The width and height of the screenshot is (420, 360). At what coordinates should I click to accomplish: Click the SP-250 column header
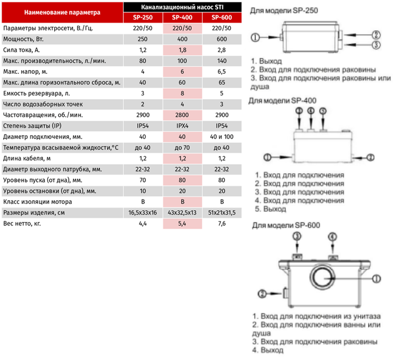(143, 18)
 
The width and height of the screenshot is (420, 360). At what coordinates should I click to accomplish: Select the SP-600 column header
(222, 18)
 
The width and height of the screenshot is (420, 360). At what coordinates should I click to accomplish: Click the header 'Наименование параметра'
(63, 12)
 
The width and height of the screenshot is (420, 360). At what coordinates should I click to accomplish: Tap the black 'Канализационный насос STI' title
(182, 7)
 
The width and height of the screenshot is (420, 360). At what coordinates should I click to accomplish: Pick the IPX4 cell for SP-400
(182, 126)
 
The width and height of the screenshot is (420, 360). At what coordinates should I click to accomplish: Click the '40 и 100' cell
(222, 137)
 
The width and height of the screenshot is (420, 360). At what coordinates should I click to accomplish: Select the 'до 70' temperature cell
(182, 148)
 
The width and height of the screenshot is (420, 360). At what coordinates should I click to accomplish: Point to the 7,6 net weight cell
(222, 224)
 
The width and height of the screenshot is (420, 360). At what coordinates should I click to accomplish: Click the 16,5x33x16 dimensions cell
(142, 213)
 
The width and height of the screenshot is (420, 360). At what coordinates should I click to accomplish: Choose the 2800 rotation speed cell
(182, 115)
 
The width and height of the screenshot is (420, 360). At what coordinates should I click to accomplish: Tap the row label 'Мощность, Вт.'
(23, 39)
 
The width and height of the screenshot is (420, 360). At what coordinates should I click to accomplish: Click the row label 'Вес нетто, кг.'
(22, 224)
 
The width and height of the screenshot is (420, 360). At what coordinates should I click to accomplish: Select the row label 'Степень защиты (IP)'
(32, 126)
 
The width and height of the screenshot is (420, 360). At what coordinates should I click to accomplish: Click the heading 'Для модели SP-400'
(282, 101)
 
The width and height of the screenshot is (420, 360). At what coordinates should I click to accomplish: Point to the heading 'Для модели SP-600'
(286, 225)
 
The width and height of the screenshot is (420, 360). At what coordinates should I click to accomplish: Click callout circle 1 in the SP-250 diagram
(255, 37)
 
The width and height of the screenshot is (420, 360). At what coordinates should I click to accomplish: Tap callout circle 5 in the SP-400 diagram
(323, 111)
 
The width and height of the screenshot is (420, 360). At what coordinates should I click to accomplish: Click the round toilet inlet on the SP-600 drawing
(323, 278)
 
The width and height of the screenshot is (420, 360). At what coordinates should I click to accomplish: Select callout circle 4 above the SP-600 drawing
(332, 237)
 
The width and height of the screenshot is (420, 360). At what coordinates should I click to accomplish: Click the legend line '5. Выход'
(271, 209)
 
